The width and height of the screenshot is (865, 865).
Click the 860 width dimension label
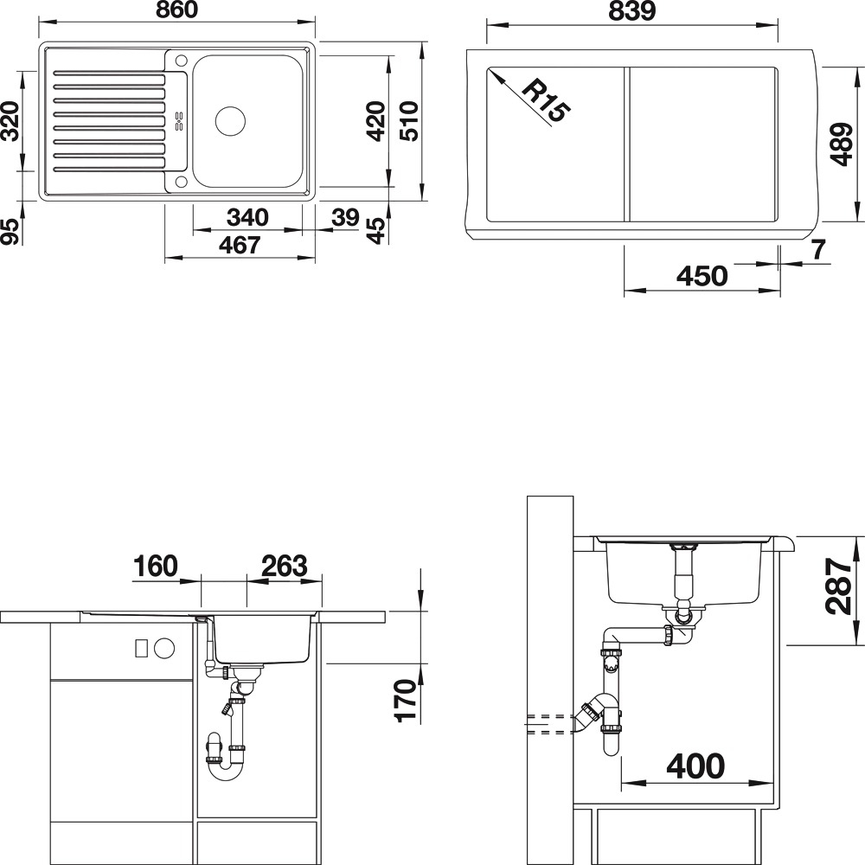point(176,10)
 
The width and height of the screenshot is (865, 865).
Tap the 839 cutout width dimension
point(631,10)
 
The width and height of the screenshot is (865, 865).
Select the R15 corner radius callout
point(544,100)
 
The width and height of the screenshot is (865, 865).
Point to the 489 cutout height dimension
point(843,144)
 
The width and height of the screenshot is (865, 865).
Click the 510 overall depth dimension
point(410,121)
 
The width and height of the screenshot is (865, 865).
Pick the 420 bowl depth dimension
point(376,121)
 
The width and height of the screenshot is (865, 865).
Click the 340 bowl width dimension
point(247,217)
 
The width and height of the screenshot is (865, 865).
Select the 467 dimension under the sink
point(240,245)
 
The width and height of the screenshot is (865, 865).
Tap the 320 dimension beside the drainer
point(10,121)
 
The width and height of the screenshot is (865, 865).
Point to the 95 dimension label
point(10,231)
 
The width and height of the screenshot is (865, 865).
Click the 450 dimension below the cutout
point(702,275)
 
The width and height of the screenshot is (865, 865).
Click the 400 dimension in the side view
point(695,766)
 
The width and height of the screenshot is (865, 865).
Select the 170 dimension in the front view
point(407,700)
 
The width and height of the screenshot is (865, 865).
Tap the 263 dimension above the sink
point(284,566)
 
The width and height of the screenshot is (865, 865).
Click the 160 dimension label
point(156,566)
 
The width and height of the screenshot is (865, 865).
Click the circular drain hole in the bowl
point(230,121)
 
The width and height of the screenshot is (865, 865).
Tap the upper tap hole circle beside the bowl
point(181,59)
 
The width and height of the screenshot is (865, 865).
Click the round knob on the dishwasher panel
point(164,648)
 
